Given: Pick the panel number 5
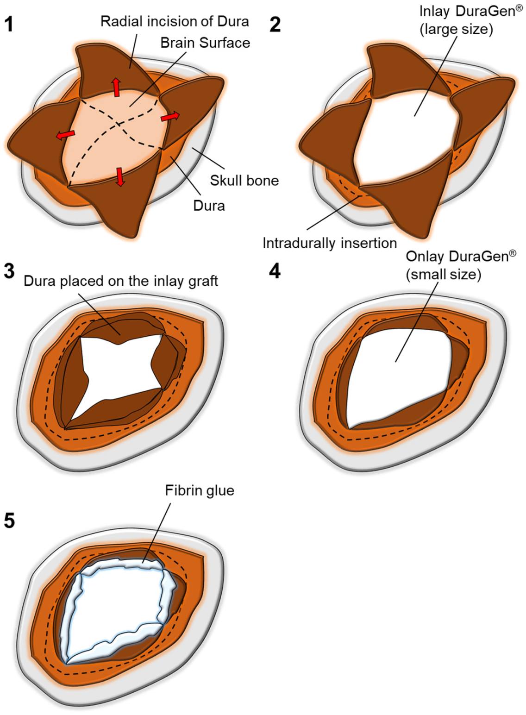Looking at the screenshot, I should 9,521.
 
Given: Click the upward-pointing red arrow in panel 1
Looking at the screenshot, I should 115,87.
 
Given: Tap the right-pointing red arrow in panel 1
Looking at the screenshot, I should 170,117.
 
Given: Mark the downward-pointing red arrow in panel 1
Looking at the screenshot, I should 120,176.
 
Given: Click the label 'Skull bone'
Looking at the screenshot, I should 244,180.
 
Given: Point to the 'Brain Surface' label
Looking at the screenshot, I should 205,43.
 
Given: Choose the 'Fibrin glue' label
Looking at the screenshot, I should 200,490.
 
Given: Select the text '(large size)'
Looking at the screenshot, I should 456,29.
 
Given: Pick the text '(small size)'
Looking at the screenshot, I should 443,274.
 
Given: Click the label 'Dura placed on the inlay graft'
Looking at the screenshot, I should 121,281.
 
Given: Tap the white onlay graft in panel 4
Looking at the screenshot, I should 398,375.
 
